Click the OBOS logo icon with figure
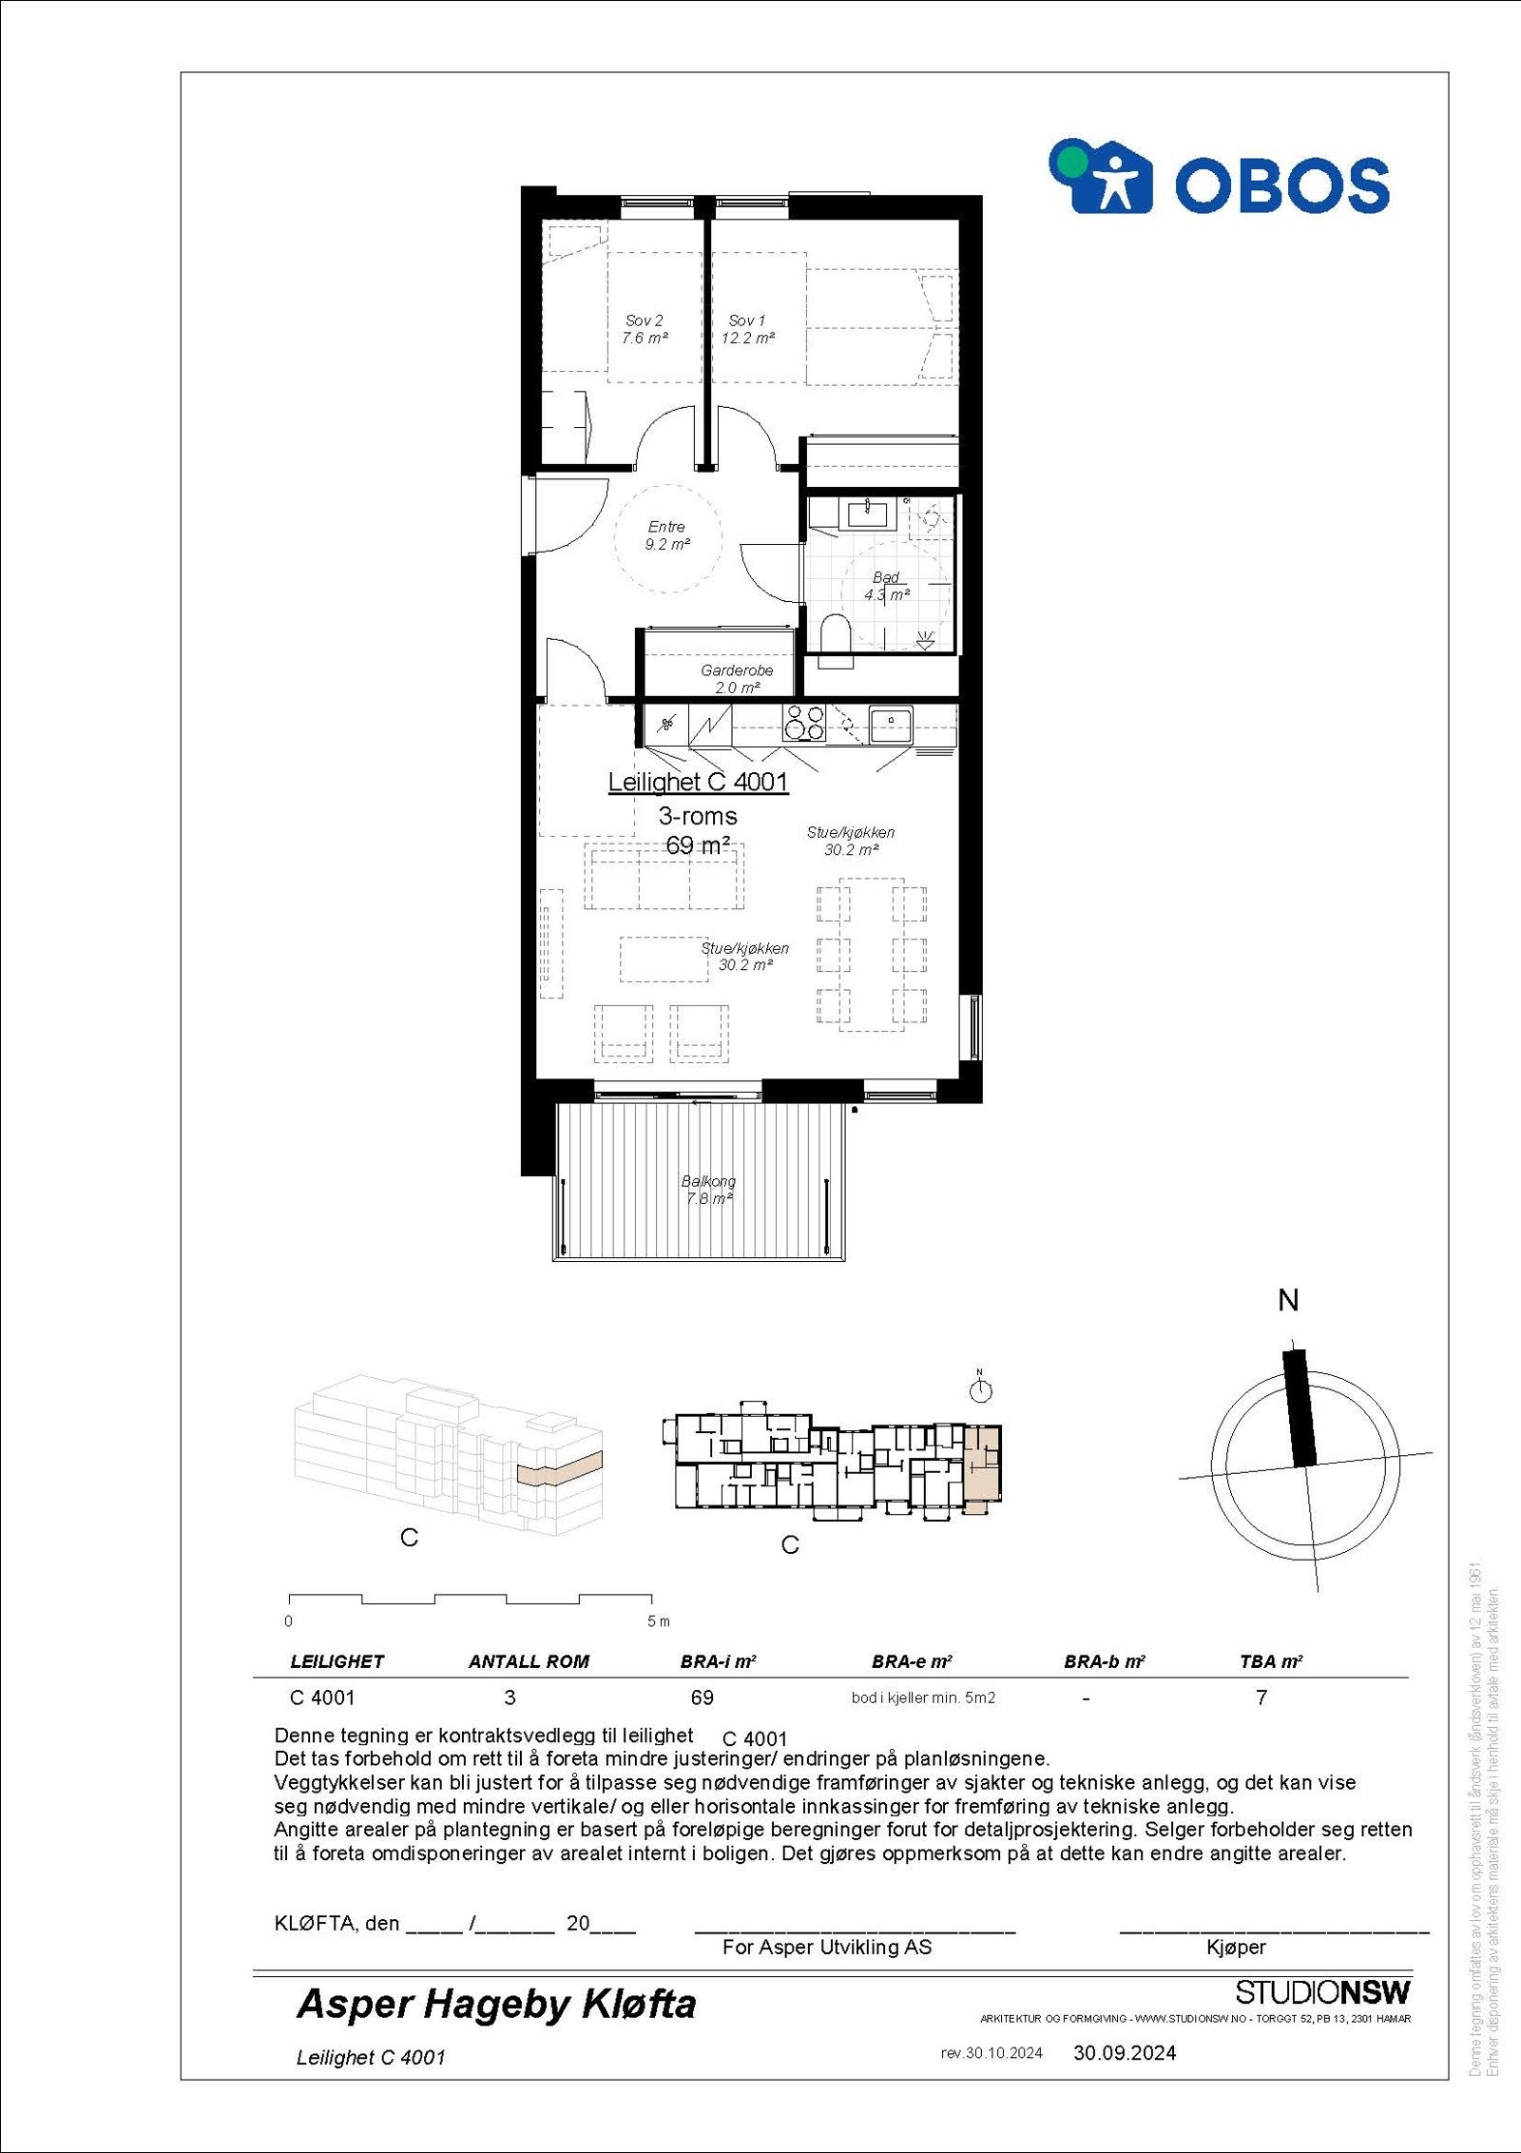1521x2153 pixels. [1101, 178]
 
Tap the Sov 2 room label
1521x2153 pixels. [645, 329]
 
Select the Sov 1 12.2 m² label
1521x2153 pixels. [747, 329]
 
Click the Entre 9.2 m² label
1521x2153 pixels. [666, 535]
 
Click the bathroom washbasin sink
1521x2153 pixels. [867, 514]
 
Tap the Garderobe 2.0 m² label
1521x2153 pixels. [737, 678]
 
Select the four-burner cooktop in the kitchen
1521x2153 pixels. [803, 725]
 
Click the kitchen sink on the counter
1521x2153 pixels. [891, 725]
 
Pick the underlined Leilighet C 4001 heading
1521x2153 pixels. [698, 782]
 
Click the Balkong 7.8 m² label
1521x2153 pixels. [708, 1190]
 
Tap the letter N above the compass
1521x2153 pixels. [1288, 1301]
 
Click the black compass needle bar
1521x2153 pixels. [1300, 1408]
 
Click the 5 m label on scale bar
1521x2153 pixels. [658, 1620]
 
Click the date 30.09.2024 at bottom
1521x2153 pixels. [1125, 2052]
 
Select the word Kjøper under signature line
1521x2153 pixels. [1236, 1947]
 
